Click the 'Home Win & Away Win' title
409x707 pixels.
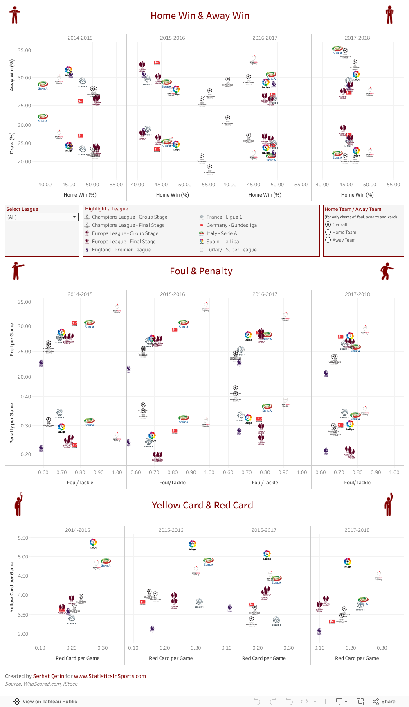(x=200, y=16)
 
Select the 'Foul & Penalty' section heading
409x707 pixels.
(x=201, y=271)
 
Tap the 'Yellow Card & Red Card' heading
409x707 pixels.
(x=202, y=505)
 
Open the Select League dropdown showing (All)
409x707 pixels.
(x=42, y=217)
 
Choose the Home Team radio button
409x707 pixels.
(x=328, y=232)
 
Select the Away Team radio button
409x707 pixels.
(x=328, y=240)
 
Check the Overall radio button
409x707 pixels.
(x=328, y=224)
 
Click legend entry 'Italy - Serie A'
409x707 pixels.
(x=221, y=233)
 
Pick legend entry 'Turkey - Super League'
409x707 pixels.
(x=231, y=250)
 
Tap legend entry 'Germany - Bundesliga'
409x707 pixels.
(x=231, y=225)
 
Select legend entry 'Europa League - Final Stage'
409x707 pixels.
(x=124, y=242)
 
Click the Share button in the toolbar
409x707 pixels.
(x=384, y=701)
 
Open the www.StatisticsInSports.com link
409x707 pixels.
(x=110, y=676)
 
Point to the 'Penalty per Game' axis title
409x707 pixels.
(x=12, y=423)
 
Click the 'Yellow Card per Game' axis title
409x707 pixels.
(x=12, y=587)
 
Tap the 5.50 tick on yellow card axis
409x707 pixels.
(x=23, y=538)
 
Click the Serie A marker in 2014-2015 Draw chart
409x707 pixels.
(x=43, y=118)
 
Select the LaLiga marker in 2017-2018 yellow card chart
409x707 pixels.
(x=347, y=562)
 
